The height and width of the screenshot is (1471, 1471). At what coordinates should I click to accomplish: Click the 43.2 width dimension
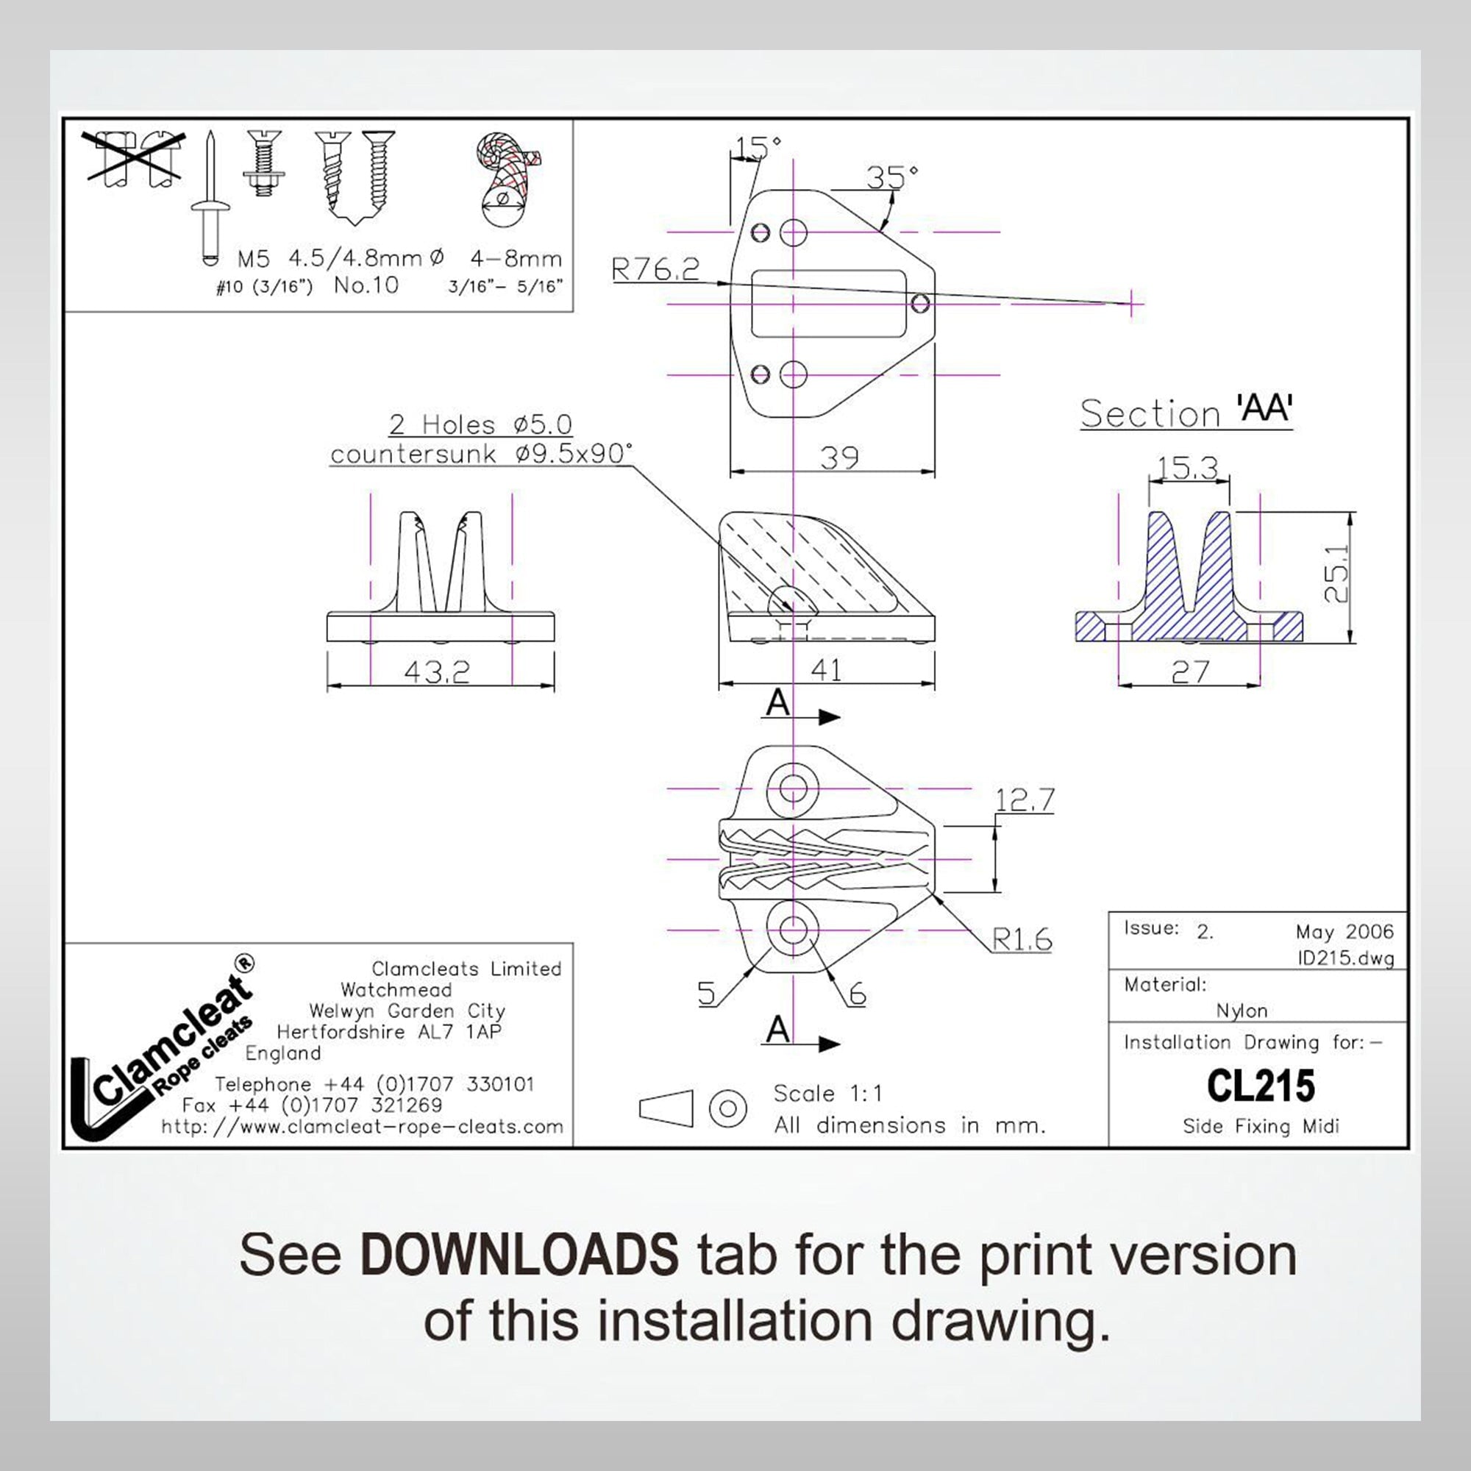point(436,671)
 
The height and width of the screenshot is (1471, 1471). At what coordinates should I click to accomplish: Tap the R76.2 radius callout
point(655,268)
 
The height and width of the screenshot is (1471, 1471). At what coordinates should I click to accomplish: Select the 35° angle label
point(891,177)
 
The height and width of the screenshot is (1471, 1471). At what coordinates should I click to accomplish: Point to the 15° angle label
point(758,146)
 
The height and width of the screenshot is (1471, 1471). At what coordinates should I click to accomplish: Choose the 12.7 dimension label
point(1025,799)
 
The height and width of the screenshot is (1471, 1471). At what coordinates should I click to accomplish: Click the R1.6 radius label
point(1022,939)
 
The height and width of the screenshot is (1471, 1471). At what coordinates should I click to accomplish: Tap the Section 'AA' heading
point(1186,412)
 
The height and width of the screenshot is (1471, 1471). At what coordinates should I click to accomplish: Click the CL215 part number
point(1260,1086)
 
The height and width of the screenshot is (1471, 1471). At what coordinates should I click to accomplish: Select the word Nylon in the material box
point(1242,1011)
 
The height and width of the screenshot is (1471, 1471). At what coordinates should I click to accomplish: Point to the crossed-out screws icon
point(135,157)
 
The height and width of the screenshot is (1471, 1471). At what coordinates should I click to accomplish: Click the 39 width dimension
point(839,457)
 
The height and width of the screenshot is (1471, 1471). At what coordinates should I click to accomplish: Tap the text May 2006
point(1344,932)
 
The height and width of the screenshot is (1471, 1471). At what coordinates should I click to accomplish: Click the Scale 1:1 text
point(827,1094)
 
